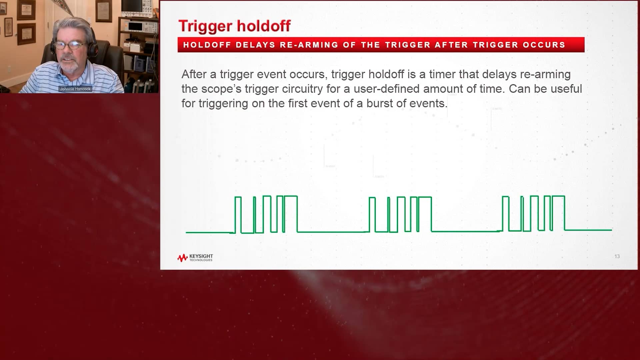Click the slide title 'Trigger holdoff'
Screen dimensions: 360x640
tap(234, 26)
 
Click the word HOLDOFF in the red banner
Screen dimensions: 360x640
tap(207, 45)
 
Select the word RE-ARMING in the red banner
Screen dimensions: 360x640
tap(309, 45)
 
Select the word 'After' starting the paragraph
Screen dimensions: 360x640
tap(194, 74)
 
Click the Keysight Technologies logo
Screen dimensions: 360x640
tap(195, 258)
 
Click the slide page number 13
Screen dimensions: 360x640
tap(617, 256)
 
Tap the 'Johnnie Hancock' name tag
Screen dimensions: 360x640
tap(75, 89)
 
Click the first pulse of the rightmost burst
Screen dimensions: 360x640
tap(505, 213)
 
